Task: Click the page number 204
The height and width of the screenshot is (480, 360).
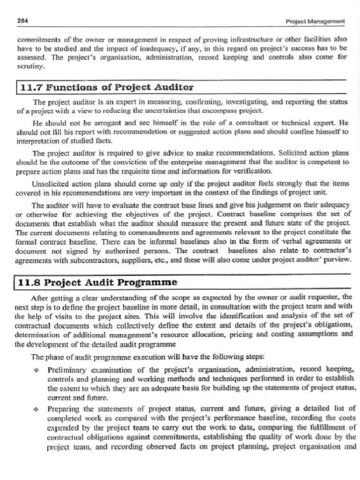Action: (x=22, y=21)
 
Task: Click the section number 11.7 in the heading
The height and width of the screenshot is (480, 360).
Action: (x=31, y=88)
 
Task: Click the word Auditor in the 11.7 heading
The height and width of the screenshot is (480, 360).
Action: (x=169, y=88)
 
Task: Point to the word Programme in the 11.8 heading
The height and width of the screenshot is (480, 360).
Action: (x=150, y=283)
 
